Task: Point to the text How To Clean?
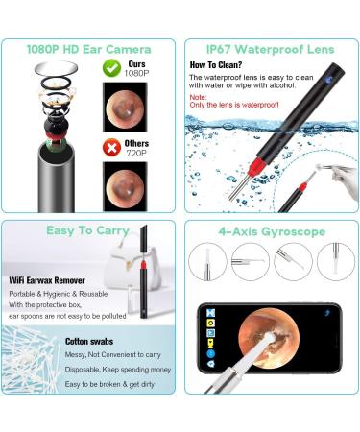(x=213, y=66)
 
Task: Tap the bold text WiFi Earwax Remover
(x=47, y=278)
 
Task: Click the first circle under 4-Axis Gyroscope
(x=210, y=261)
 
